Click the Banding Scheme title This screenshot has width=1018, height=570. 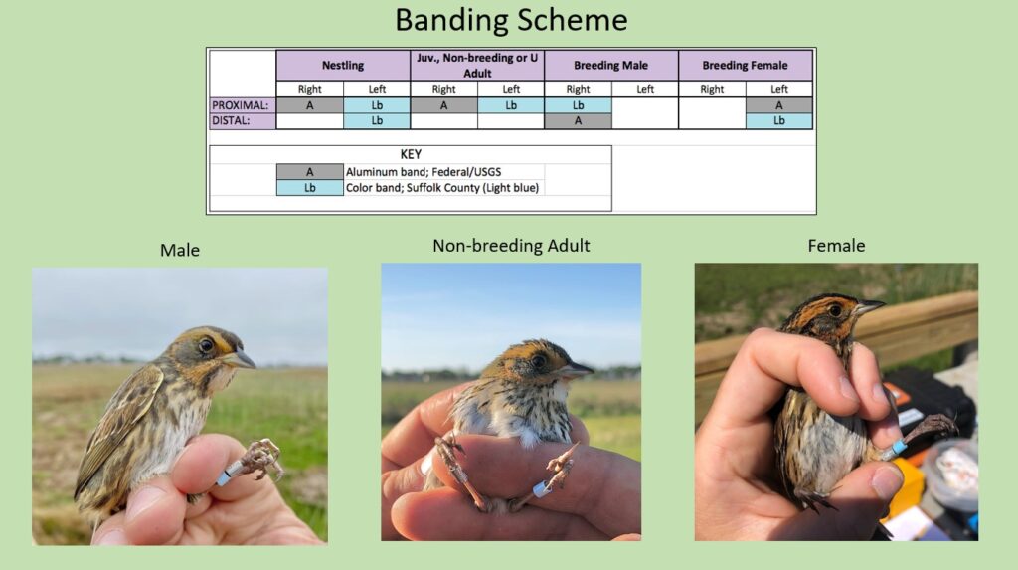tap(511, 20)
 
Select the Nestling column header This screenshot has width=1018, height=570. tap(343, 65)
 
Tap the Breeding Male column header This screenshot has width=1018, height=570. tap(611, 65)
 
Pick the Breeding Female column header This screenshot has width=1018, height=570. tap(746, 65)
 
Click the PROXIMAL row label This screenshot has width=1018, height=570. tap(241, 105)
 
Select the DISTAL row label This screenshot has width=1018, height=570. tap(231, 121)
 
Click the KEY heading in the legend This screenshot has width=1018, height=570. tap(411, 154)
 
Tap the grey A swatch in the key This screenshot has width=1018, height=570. tap(310, 171)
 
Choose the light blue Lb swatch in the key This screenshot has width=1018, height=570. tap(310, 188)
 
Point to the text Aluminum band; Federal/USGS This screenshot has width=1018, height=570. tap(424, 172)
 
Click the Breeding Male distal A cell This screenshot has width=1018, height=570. tap(578, 121)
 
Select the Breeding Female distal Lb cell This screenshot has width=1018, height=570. tap(779, 121)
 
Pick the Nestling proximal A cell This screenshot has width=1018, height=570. tap(310, 105)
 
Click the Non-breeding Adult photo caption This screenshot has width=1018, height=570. tap(511, 246)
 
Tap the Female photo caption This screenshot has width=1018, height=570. tap(836, 246)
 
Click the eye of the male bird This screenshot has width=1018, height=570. tap(206, 345)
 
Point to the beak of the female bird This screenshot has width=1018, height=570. tap(869, 306)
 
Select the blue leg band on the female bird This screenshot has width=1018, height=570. tap(899, 448)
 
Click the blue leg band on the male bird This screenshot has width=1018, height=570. tap(224, 478)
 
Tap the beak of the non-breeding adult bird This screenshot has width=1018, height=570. tap(577, 371)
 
